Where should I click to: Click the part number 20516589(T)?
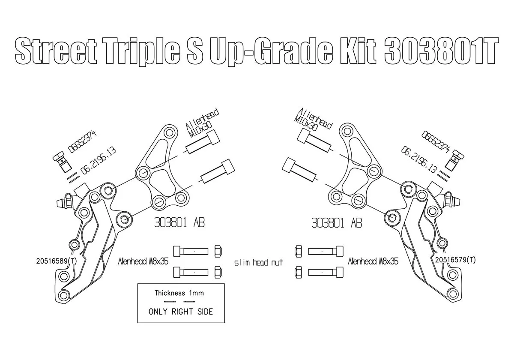[x=57, y=261]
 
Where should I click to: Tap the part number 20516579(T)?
[x=455, y=260]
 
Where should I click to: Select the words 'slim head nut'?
[x=258, y=262]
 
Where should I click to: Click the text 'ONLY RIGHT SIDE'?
[x=181, y=312]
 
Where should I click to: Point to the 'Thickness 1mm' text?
[x=179, y=293]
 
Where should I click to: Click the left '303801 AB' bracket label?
[x=179, y=222]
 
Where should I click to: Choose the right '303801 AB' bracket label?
[x=337, y=223]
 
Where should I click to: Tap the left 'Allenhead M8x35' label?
[x=143, y=261]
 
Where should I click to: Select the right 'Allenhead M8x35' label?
[x=373, y=261]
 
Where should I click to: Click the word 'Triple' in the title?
[x=143, y=51]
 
